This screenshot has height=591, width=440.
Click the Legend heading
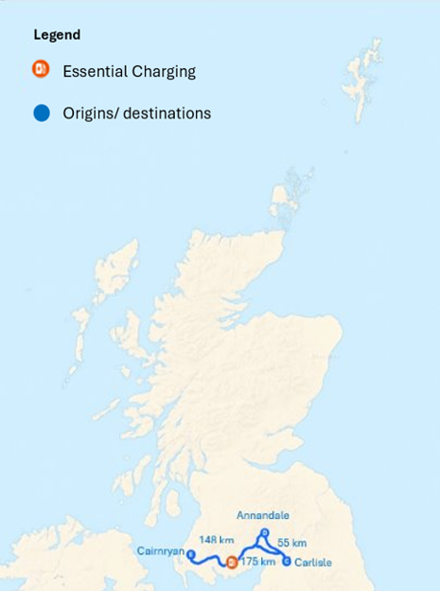[57, 35]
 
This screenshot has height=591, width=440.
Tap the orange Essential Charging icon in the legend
[41, 69]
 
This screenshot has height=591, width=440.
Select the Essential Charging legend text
[129, 71]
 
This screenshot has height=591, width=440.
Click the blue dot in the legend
[41, 113]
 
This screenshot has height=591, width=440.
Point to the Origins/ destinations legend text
[136, 114]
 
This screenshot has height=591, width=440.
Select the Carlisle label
[312, 562]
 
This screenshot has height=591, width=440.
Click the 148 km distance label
[218, 541]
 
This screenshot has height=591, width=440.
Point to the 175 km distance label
[257, 562]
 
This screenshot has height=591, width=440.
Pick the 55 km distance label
[292, 543]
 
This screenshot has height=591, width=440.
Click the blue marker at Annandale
[266, 532]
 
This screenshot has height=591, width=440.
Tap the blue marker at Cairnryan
[191, 554]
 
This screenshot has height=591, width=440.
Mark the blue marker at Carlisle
[287, 561]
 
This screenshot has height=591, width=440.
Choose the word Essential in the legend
[94, 71]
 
